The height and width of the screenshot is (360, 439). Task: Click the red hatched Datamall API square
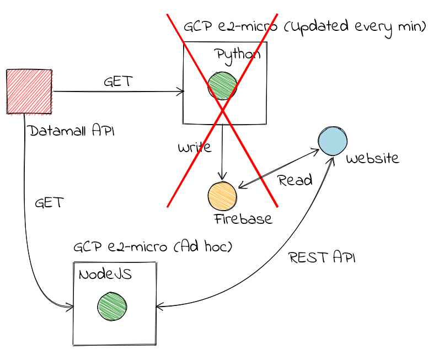(x=29, y=92)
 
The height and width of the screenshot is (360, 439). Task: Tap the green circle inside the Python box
(x=222, y=85)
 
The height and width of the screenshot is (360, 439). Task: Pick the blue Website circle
(x=333, y=141)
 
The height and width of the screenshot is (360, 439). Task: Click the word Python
(x=238, y=55)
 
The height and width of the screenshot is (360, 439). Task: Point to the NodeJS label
(x=105, y=275)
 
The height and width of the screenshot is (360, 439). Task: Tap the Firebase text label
(x=243, y=219)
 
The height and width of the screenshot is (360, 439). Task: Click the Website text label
(x=372, y=159)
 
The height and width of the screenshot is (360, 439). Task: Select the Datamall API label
(x=72, y=131)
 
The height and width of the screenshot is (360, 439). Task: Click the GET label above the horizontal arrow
(x=118, y=82)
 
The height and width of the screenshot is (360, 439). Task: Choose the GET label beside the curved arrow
(x=49, y=202)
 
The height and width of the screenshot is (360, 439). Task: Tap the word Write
(x=194, y=148)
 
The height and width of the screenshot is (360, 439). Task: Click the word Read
(x=295, y=180)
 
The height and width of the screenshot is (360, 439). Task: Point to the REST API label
(x=322, y=257)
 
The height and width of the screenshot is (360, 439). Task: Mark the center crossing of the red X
(x=222, y=110)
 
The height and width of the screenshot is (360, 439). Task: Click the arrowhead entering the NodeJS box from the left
(x=70, y=307)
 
